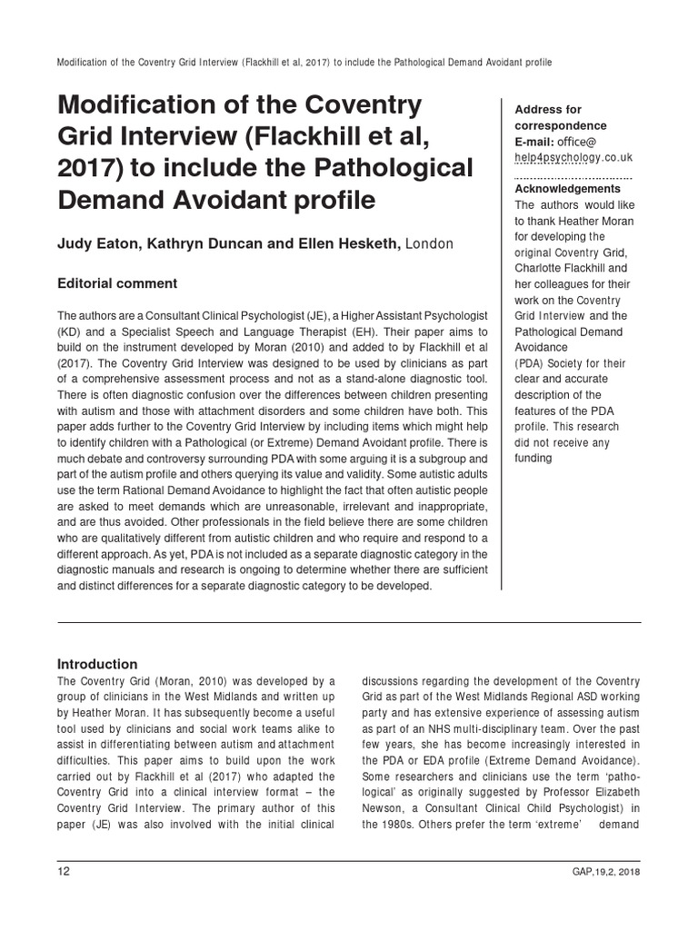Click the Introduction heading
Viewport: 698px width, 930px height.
[x=97, y=664]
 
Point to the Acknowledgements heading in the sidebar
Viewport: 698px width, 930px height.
[x=567, y=188]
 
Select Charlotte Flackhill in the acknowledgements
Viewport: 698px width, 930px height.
[x=558, y=269]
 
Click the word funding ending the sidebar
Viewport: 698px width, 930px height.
[x=533, y=458]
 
